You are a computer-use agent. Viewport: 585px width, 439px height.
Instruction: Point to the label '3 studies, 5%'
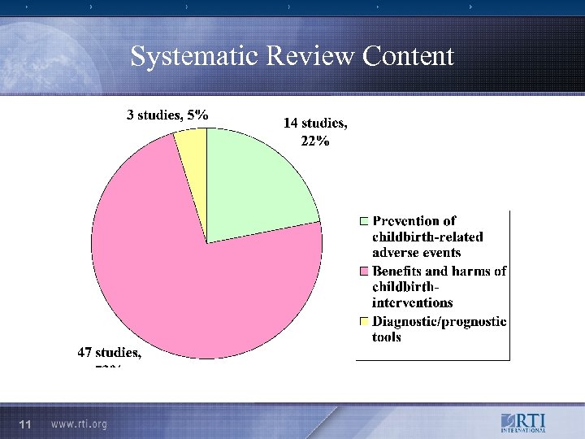point(167,115)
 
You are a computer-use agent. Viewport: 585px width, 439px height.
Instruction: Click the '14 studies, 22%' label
point(316,132)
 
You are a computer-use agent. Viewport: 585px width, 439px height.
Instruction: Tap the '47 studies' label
point(109,353)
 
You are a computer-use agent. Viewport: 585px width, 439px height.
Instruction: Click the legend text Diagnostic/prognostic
point(440,322)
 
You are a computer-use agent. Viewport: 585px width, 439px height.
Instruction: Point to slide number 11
point(25,425)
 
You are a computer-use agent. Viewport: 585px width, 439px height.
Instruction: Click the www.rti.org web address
point(79,425)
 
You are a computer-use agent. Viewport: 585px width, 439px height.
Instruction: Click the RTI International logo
point(522,424)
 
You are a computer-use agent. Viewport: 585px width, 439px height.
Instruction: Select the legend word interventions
point(412,303)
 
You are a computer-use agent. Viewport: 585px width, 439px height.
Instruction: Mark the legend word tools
point(387,337)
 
